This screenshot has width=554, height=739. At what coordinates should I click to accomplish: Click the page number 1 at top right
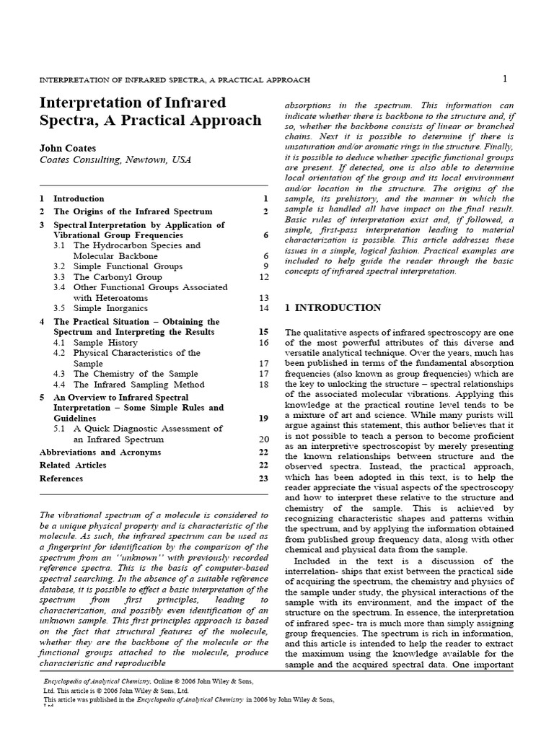[505, 78]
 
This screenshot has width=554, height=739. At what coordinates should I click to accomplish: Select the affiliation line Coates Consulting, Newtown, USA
[115, 160]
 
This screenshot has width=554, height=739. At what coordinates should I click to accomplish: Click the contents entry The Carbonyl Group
[117, 277]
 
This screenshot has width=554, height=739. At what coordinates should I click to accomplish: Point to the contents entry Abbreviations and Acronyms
[100, 452]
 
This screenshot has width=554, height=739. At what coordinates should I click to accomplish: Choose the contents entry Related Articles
[73, 465]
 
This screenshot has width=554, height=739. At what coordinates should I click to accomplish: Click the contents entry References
[61, 478]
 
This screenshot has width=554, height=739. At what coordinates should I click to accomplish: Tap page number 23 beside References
[263, 478]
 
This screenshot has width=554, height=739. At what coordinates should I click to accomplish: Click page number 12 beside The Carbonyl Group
[263, 277]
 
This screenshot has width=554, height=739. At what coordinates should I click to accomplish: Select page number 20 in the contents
[263, 439]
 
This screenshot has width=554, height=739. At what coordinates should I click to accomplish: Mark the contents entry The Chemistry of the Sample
[136, 374]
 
